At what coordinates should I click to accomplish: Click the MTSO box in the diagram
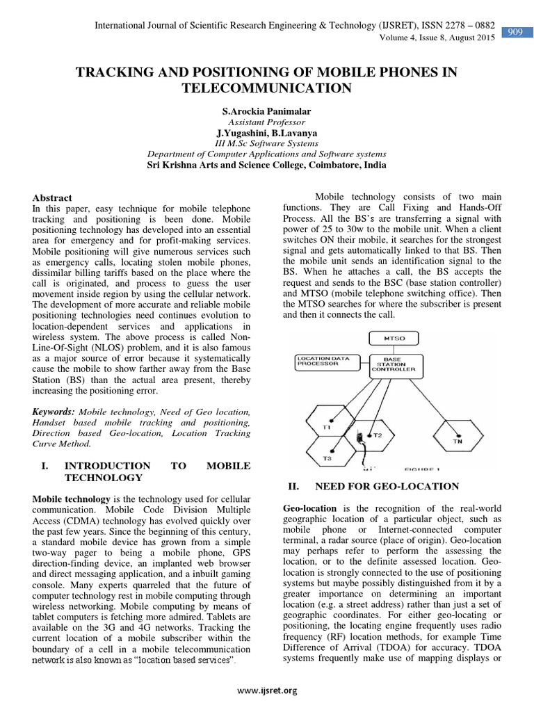pyautogui.click(x=390, y=338)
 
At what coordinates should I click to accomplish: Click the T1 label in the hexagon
pyautogui.click(x=327, y=426)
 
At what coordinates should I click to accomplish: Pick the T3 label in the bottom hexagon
pyautogui.click(x=327, y=458)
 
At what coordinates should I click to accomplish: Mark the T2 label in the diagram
pyautogui.click(x=378, y=435)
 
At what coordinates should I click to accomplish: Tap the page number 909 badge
pyautogui.click(x=515, y=33)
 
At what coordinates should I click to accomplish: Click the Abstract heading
pyautogui.click(x=52, y=198)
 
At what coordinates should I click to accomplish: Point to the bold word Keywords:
pyautogui.click(x=55, y=412)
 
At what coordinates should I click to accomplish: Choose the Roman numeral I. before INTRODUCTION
pyautogui.click(x=46, y=465)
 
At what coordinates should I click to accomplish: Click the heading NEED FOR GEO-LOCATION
pyautogui.click(x=387, y=486)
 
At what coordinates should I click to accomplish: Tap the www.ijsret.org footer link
pyautogui.click(x=267, y=690)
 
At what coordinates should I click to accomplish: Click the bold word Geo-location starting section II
pyautogui.click(x=309, y=508)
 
